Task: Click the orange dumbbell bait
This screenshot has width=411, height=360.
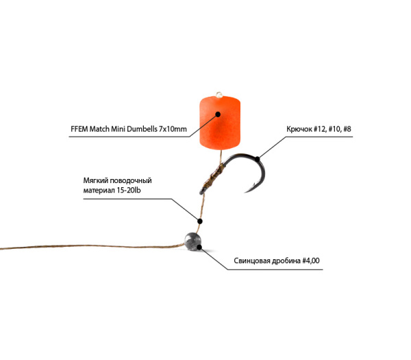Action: point(220,123)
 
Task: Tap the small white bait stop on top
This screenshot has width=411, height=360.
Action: point(219,95)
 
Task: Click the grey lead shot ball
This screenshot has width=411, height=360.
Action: point(192,241)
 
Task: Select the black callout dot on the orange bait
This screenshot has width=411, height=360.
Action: point(218,114)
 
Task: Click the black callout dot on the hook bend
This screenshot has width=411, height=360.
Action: point(258,159)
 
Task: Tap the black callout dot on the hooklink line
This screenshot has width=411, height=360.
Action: point(200,221)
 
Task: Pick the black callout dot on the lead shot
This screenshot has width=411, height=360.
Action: point(199,247)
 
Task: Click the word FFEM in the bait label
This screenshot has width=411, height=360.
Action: point(79,129)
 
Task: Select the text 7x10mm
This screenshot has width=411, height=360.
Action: point(173,129)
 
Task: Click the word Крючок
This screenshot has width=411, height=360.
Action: point(299,129)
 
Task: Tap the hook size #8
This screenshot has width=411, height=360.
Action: point(347,129)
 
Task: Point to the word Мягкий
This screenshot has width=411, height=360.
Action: point(95,181)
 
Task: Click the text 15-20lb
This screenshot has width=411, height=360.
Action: point(129,190)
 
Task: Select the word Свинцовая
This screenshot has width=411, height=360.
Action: point(251,261)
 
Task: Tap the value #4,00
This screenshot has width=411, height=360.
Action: point(311,261)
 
